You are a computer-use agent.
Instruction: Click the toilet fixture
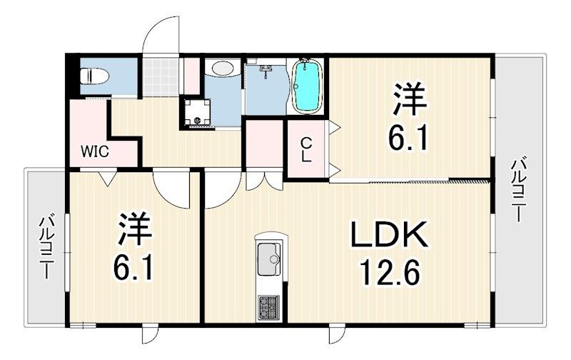(94, 75)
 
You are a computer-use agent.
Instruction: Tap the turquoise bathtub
(308, 86)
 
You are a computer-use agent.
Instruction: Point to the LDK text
(388, 236)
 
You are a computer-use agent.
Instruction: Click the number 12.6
(388, 272)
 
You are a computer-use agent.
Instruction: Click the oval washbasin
(223, 69)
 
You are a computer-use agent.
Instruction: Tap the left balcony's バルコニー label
(46, 246)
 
